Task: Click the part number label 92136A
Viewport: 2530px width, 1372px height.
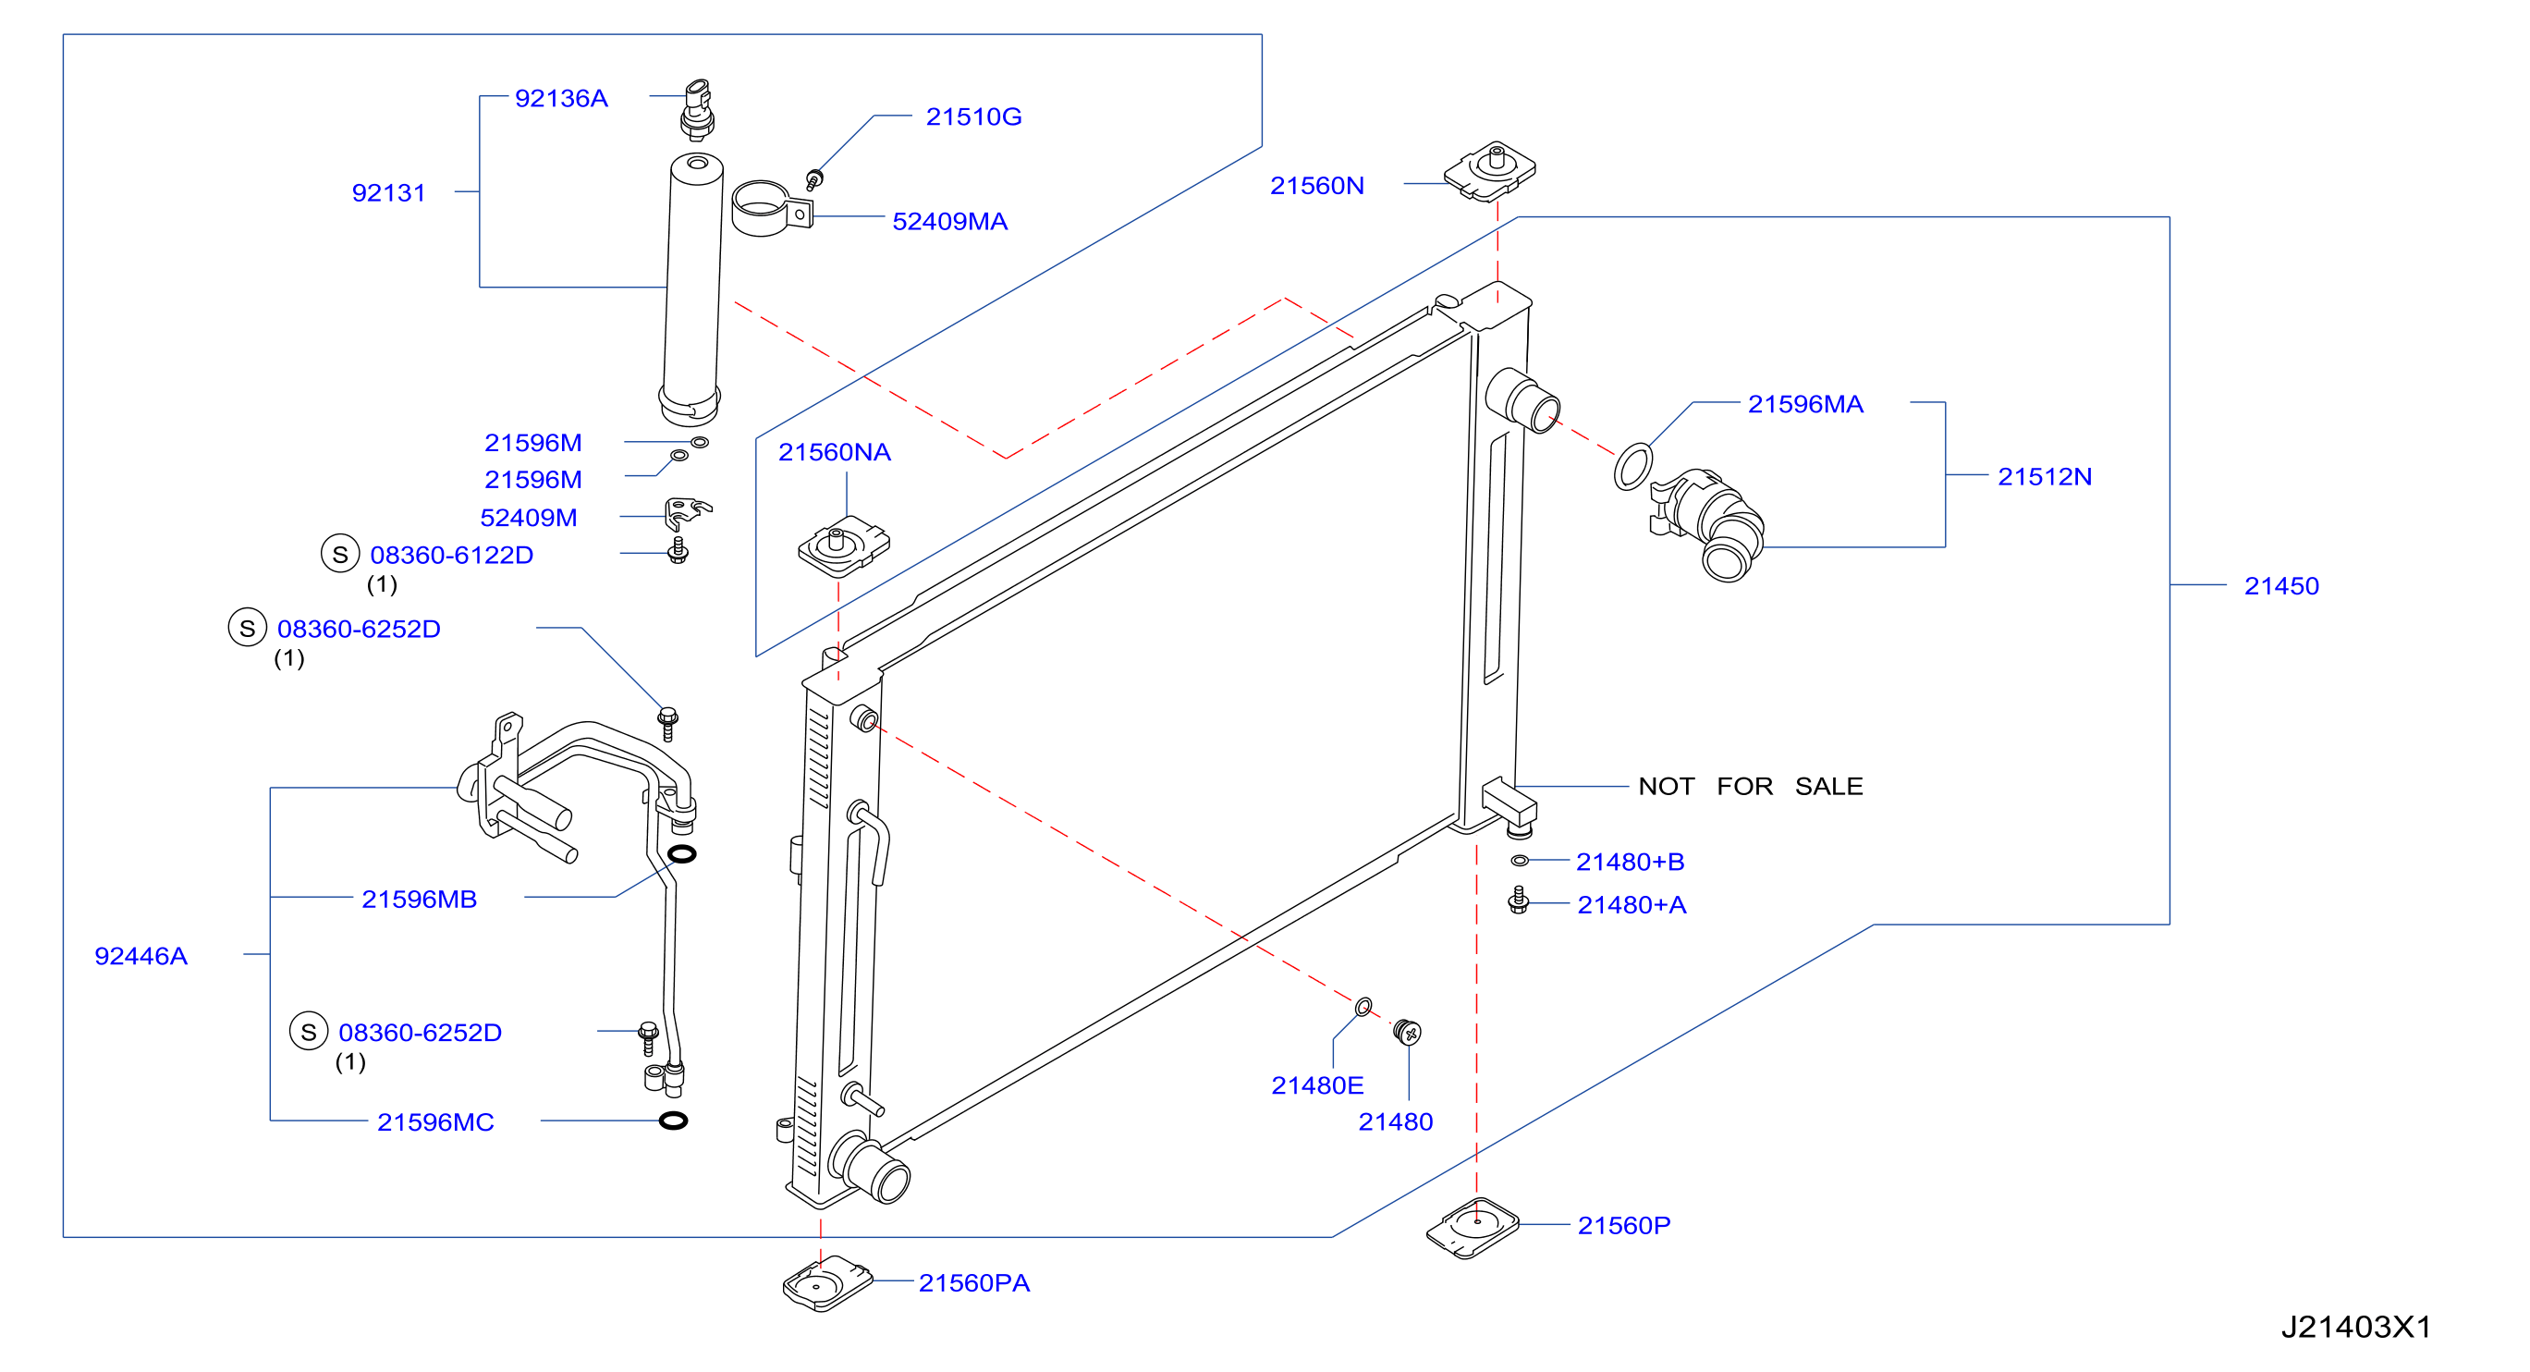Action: tap(561, 98)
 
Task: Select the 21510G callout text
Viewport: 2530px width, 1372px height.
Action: tap(973, 116)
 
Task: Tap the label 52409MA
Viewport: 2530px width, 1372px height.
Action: tap(949, 222)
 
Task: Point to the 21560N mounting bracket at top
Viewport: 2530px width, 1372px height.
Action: tap(1489, 171)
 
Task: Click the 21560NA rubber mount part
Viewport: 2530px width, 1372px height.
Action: tap(844, 546)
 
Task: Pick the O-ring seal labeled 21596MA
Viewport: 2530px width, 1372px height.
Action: tap(1632, 467)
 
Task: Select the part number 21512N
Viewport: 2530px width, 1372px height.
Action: tap(2045, 477)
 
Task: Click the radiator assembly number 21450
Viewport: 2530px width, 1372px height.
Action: tap(2281, 586)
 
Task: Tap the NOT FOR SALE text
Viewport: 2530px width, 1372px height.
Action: tap(1750, 787)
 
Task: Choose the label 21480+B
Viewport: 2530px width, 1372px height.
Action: tap(1631, 863)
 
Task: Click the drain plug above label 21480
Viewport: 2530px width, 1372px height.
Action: tap(1408, 1031)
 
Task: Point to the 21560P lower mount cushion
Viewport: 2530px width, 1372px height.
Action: tap(1473, 1228)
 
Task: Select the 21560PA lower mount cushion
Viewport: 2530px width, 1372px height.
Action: tap(828, 1283)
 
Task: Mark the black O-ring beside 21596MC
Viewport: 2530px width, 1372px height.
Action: tap(673, 1121)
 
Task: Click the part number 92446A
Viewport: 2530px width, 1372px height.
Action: tap(141, 957)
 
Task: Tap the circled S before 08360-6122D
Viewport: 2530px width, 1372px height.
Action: tap(340, 554)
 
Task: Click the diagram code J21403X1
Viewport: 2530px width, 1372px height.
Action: tap(2356, 1328)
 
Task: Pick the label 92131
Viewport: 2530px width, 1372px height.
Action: tap(389, 193)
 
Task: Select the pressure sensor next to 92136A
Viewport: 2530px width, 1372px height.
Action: tap(697, 110)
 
